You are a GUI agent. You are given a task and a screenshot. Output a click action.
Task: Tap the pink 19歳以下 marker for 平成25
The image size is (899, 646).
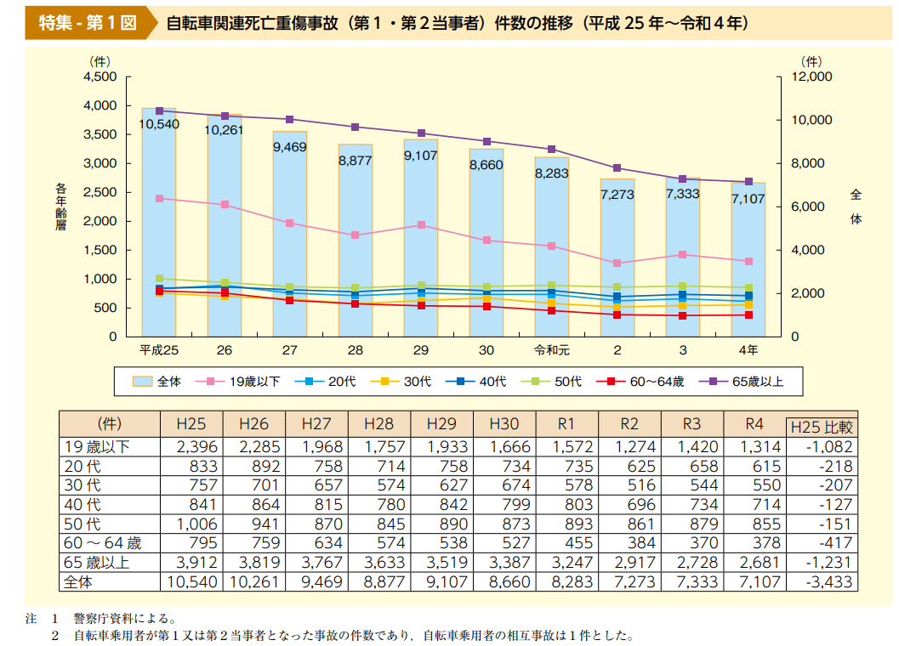tap(159, 198)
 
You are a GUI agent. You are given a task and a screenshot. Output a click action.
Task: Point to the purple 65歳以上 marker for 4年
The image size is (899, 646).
tap(748, 182)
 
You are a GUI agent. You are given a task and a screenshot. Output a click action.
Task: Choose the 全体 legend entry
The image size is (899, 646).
tap(158, 382)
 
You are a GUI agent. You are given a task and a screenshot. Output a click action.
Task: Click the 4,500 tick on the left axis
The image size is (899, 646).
tap(100, 76)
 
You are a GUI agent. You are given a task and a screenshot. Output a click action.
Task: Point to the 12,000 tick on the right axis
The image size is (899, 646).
tap(811, 76)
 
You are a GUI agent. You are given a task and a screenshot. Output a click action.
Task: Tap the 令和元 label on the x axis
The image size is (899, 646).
tap(551, 350)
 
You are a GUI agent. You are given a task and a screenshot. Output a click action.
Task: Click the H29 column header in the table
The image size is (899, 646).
tap(441, 423)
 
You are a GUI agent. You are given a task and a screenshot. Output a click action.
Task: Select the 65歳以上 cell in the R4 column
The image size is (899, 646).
tap(754, 563)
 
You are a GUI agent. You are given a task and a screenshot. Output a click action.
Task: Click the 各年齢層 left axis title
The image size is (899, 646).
tap(60, 207)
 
